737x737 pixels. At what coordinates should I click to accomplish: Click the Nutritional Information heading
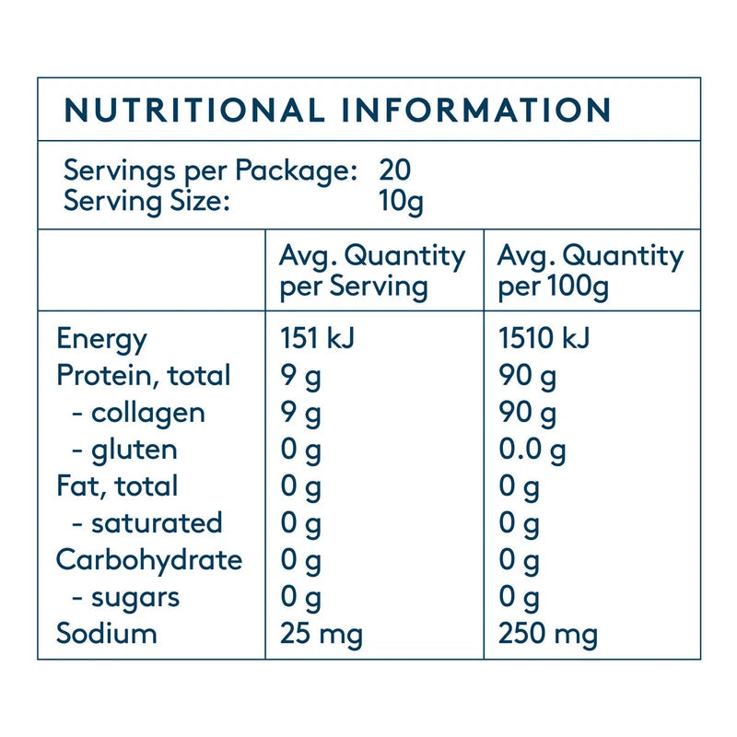coord(338,111)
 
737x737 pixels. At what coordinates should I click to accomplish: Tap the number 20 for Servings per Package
coord(395,170)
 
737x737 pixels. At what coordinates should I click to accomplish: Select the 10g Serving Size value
coord(401,202)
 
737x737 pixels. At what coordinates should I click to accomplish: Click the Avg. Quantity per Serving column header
coord(371,271)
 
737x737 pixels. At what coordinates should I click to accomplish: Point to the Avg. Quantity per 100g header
coord(591,271)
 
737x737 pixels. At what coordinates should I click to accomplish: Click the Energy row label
coord(101,339)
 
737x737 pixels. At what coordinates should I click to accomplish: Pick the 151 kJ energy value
coord(317,339)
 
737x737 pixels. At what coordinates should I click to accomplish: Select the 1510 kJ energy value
coord(544,339)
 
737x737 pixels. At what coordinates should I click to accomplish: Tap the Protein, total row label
coord(144,376)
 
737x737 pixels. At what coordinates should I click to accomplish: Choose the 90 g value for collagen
coord(528,413)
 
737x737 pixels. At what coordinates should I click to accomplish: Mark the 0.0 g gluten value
coord(532,450)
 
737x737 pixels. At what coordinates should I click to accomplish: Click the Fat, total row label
coord(117,486)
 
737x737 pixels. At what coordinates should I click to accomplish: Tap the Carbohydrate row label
coord(149,560)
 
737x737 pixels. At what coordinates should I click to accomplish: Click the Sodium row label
coord(107,634)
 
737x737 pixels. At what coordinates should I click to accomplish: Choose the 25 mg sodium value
coord(321,634)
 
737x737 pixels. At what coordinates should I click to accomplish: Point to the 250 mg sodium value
coord(548,634)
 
